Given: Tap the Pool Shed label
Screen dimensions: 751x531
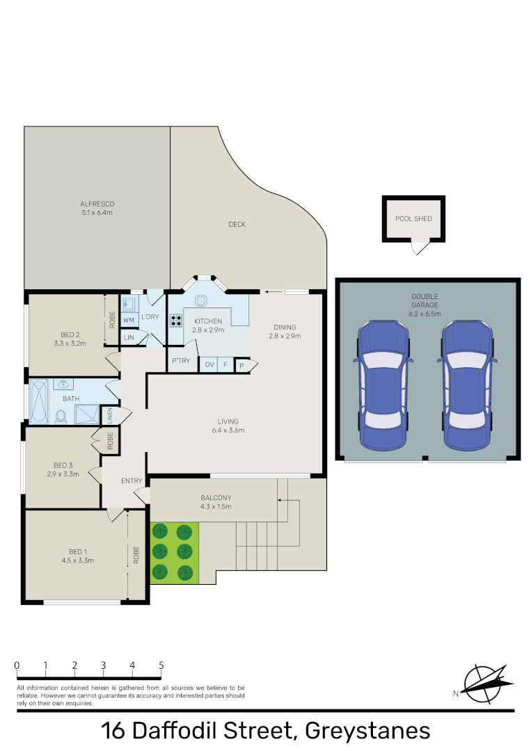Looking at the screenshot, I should click(x=413, y=218).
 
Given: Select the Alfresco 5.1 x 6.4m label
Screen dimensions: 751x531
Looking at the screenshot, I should click(x=97, y=208).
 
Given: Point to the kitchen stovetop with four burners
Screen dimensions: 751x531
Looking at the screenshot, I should click(x=176, y=321).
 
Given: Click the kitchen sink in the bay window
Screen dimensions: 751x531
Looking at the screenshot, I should click(x=203, y=300).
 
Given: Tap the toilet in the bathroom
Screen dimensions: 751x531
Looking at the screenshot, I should click(x=61, y=415).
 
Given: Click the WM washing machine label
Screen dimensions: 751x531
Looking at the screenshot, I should click(x=129, y=320).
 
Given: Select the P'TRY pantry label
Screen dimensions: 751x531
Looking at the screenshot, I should click(x=181, y=361).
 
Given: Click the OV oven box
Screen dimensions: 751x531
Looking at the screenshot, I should click(x=209, y=364).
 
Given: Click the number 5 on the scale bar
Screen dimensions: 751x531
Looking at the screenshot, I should click(x=161, y=665).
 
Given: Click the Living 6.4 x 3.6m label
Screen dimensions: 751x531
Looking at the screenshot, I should click(x=228, y=426).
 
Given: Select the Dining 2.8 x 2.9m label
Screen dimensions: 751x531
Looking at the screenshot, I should click(x=285, y=332).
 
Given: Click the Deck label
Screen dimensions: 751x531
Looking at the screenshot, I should click(x=237, y=224).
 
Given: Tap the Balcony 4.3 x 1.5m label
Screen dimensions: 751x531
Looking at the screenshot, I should click(x=216, y=502).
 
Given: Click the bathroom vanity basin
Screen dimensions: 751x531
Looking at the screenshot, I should click(x=63, y=385).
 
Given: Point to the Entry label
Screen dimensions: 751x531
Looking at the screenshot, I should click(x=131, y=481).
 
